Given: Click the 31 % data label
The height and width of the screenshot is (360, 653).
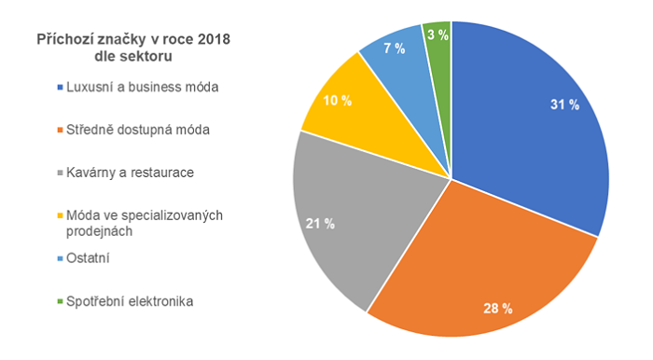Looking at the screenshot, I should (564, 105).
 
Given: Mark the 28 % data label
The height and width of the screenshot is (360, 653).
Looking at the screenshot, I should (495, 309).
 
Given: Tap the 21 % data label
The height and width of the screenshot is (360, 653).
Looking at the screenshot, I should (321, 223).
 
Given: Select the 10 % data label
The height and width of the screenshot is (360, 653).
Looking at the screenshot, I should (337, 101).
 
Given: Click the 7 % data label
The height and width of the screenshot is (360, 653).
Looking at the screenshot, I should (393, 48).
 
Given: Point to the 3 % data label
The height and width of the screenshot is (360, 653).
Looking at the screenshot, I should (436, 35).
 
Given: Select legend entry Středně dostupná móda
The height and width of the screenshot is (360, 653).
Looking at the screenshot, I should (137, 130).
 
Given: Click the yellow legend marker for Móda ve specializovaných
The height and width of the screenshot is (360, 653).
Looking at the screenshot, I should (59, 216).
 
